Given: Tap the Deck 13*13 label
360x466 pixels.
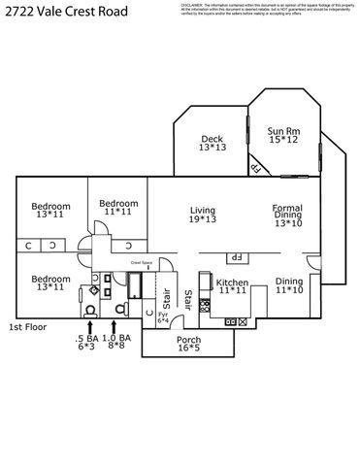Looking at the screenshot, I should (213, 143).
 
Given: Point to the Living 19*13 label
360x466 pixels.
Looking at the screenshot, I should (202, 215).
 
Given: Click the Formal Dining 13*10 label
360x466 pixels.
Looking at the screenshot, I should (287, 216).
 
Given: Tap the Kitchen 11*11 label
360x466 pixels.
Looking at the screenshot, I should (233, 286).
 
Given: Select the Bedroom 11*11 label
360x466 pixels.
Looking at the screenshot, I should (117, 208).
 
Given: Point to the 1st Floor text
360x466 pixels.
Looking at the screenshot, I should (28, 327).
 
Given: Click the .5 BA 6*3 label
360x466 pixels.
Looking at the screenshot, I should (86, 343).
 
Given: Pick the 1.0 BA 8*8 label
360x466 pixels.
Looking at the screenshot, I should (117, 343).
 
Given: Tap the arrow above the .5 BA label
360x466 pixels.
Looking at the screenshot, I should (89, 327).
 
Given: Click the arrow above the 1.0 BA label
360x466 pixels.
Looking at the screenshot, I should (115, 327).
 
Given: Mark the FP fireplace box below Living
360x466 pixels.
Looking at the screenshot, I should (235, 257).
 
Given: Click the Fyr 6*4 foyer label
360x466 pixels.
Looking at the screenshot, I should (163, 318).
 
